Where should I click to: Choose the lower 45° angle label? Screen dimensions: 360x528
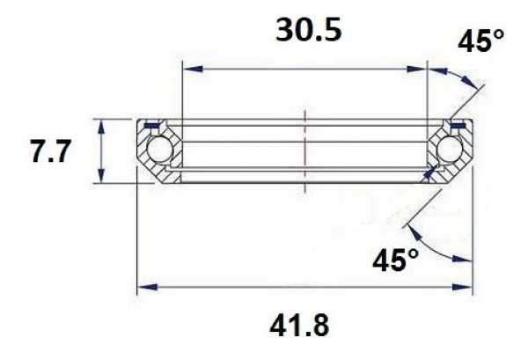pyautogui.click(x=393, y=260)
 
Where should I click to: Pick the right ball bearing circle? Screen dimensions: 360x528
pyautogui.click(x=451, y=151)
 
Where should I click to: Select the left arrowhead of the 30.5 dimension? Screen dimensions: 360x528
pyautogui.click(x=187, y=67)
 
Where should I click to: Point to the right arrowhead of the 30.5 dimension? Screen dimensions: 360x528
pyautogui.click(x=421, y=67)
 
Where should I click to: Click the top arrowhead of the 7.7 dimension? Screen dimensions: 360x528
pyautogui.click(x=104, y=125)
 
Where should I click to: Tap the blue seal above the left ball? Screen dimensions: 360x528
pyautogui.click(x=151, y=125)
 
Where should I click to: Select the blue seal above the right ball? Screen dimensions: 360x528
pyautogui.click(x=457, y=125)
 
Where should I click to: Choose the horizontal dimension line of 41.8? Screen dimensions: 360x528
pyautogui.click(x=304, y=287)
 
